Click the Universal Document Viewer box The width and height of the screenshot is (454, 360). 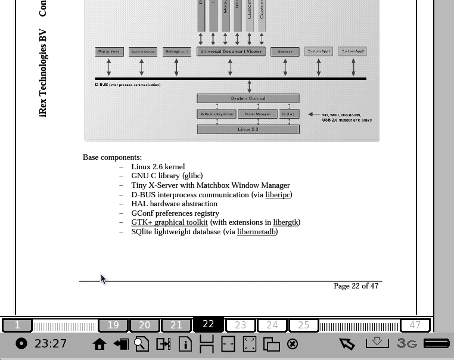tap(231, 52)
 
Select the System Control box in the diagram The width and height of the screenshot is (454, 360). tap(248, 98)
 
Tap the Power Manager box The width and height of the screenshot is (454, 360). tap(257, 114)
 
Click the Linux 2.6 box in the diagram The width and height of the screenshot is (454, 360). tap(248, 129)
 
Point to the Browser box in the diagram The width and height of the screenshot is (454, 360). tap(285, 52)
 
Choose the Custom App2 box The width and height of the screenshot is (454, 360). tap(353, 51)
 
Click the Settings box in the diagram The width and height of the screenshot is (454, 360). tap(176, 52)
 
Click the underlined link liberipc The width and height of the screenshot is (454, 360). tap(278, 194)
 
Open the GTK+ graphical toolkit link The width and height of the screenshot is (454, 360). tap(169, 222)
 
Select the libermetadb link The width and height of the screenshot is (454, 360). tap(256, 231)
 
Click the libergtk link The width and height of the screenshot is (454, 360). tap(285, 222)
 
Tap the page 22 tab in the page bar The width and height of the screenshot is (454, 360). tap(208, 324)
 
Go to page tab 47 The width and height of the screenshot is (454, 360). tap(415, 325)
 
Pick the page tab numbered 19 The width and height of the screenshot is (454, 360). tap(113, 325)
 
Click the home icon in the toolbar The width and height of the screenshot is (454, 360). tap(99, 344)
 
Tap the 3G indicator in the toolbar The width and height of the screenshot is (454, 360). tap(407, 343)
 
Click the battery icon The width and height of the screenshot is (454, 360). tap(436, 343)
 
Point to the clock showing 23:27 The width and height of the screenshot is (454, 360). tap(51, 343)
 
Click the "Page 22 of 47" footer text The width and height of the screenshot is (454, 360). tap(356, 286)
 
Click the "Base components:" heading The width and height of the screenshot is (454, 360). tap(112, 157)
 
